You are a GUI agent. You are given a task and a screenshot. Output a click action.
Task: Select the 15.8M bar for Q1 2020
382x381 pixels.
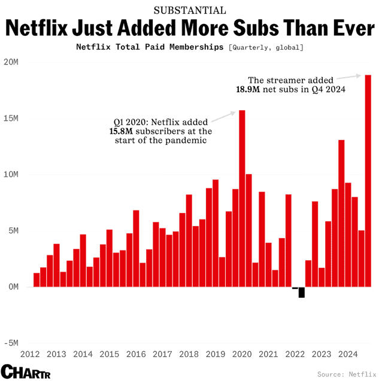pos(242,198)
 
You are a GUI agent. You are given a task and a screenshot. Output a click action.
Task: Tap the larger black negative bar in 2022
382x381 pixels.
pos(302,292)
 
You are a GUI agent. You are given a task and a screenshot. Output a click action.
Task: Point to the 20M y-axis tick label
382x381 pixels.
pos(11,62)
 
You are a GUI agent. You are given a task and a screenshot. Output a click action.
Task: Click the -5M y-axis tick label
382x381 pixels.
pos(11,343)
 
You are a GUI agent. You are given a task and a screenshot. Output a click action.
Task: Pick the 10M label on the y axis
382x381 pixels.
pos(11,175)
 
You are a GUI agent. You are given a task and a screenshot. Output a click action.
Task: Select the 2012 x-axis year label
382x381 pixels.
pos(31,354)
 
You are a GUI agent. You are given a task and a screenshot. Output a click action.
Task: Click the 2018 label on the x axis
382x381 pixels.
pos(190,354)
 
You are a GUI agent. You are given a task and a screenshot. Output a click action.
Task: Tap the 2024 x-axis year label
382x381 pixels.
pos(348,354)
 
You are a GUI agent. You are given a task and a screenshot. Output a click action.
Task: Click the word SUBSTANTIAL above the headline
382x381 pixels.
pos(190,10)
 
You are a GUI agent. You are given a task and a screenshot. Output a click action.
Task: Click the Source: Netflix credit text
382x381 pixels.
pos(347,374)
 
